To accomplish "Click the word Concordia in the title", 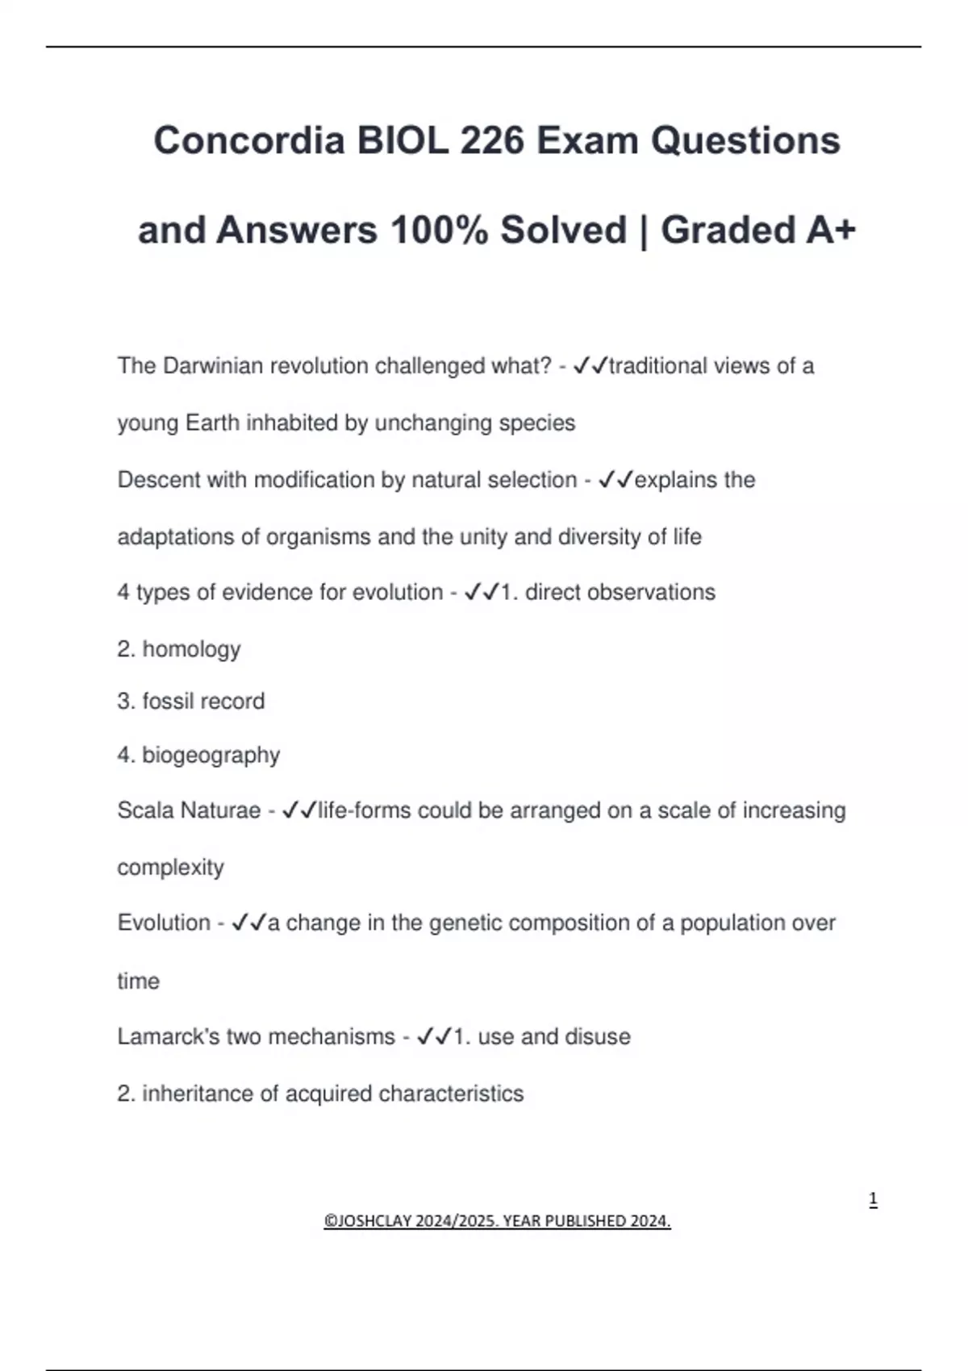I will click(249, 141).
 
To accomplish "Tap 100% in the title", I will click(439, 231).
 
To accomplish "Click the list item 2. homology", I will click(179, 649).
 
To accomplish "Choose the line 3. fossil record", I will click(190, 702).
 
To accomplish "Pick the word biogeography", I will click(211, 756).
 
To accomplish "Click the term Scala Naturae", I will click(189, 811).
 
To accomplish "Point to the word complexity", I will click(170, 868).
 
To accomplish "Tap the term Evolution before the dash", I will click(164, 923).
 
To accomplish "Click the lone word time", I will click(138, 981).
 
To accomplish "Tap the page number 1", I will click(873, 1199).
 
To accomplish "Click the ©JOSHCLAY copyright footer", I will click(497, 1221).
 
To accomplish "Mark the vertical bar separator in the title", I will click(643, 231).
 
